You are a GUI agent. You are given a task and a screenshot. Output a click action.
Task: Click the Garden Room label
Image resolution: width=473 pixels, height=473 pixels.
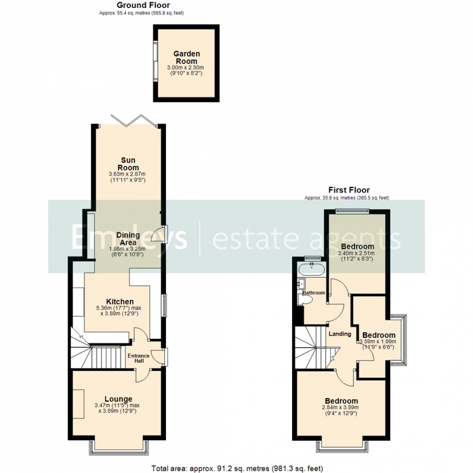[185, 58]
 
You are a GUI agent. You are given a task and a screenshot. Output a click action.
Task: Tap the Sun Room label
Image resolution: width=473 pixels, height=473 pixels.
[127, 164]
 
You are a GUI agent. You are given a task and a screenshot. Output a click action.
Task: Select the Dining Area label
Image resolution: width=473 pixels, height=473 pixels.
[126, 238]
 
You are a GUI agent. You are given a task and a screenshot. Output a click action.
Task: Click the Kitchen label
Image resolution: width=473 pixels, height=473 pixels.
[120, 302]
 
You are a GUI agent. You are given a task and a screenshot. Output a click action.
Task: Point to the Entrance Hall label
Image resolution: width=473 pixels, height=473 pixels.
[139, 358]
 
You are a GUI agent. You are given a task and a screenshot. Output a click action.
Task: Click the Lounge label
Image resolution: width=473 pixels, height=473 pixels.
[118, 399]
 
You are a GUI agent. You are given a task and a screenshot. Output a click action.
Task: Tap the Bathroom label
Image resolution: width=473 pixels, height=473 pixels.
[314, 293]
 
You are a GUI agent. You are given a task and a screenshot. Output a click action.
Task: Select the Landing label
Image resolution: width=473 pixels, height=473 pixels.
[339, 334]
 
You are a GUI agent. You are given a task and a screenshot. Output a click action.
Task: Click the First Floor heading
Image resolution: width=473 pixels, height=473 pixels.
[349, 190]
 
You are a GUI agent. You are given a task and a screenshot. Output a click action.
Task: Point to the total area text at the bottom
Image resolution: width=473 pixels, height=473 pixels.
[237, 467]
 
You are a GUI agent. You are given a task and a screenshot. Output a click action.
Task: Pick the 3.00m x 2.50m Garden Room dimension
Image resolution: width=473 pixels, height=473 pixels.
[185, 68]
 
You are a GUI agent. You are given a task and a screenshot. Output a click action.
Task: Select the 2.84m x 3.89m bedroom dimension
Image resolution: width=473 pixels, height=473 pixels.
[341, 408]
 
